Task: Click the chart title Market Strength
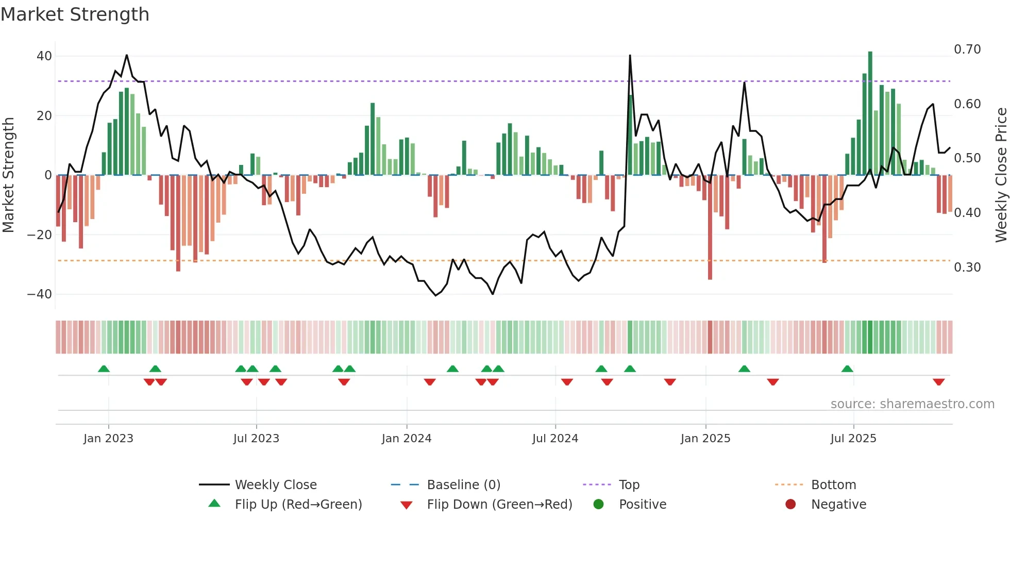coord(75,14)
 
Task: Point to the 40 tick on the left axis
coord(44,56)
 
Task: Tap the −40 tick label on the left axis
coord(40,294)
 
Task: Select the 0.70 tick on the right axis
coord(967,49)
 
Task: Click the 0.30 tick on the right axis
coord(967,267)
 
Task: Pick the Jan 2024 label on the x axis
coord(406,439)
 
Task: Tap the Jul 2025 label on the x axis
coord(853,439)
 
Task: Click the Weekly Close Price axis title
coord(1001,175)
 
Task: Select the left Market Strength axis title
coord(8,175)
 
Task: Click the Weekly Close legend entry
coord(275,485)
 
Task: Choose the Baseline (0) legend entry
coord(463,485)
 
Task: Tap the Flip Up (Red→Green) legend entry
coord(298,505)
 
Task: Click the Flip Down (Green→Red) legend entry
coord(499,505)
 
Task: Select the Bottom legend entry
coord(833,485)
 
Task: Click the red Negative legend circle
coord(790,504)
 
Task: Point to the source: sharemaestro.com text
coord(912,404)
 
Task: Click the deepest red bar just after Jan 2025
coord(710,227)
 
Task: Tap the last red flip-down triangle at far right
coord(938,382)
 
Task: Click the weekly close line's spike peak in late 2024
coord(630,56)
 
